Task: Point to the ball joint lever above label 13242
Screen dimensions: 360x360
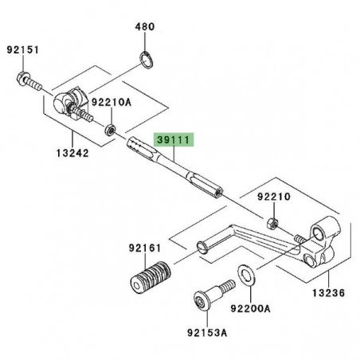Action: coord(68,102)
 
